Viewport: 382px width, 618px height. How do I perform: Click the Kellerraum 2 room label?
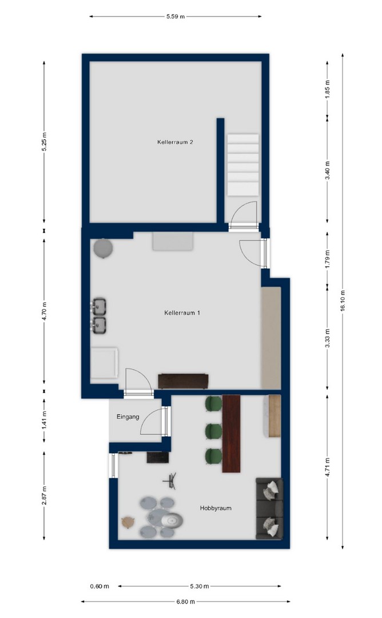tap(175, 142)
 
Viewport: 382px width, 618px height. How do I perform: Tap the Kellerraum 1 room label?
tap(182, 313)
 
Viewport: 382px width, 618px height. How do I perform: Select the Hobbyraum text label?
tap(216, 508)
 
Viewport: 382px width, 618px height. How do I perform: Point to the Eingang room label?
tap(128, 417)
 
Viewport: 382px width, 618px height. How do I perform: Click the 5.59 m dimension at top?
tap(175, 17)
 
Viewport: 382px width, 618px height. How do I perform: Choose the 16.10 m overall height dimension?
tap(343, 301)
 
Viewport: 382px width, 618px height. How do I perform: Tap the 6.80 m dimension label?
tap(185, 601)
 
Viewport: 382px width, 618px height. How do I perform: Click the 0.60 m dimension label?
tap(100, 586)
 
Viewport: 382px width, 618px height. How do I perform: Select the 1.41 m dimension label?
tap(44, 420)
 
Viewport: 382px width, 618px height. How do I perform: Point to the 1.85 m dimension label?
tap(327, 89)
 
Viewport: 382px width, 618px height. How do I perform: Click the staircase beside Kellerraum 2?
tap(243, 164)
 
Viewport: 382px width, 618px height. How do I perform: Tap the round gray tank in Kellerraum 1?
tap(103, 249)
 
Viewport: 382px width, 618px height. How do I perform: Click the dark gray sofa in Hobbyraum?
tap(269, 509)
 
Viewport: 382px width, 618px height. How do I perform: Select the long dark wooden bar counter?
tap(231, 434)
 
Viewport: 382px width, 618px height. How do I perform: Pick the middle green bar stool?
tap(214, 430)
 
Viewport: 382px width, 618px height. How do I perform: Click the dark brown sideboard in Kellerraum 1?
tap(183, 381)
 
